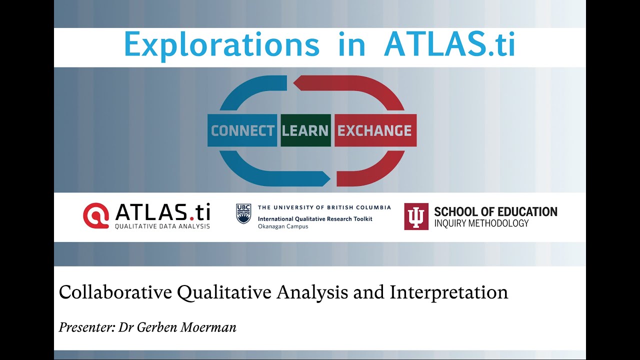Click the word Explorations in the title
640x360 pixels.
pos(221,45)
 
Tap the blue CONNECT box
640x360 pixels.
pos(242,130)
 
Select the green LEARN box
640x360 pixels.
pos(305,130)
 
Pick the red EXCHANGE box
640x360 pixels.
pos(374,130)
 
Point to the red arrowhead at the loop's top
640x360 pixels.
pos(294,83)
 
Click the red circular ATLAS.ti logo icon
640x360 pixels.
pos(96,215)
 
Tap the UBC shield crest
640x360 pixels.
pos(243,214)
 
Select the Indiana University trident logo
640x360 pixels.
pos(416,216)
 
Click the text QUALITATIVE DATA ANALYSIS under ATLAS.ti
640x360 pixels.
pos(162,226)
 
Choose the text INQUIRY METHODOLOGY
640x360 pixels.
pos(481,223)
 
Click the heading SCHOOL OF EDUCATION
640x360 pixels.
pos(495,211)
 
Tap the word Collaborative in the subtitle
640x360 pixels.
pos(115,292)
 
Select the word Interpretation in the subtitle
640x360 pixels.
pos(449,292)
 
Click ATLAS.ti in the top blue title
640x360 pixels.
pos(449,45)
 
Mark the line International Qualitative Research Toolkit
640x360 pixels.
pos(315,219)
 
